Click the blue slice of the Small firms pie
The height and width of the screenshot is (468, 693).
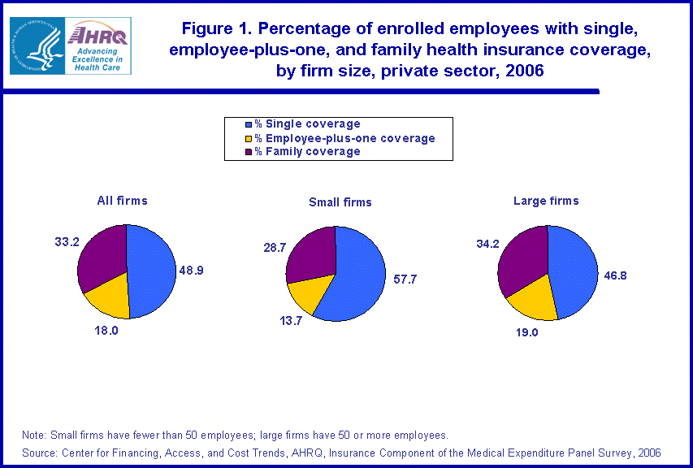point(355,276)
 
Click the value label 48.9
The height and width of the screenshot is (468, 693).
point(192,270)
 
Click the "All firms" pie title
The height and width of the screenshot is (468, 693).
point(122,200)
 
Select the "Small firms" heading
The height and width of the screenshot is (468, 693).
point(340,202)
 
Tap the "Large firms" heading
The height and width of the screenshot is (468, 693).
point(546,200)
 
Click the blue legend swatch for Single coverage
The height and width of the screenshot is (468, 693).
point(249,124)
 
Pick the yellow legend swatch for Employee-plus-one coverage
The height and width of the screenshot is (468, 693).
point(249,138)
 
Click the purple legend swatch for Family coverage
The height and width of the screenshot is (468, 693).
point(249,151)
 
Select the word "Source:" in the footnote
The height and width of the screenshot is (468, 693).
point(41,453)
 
